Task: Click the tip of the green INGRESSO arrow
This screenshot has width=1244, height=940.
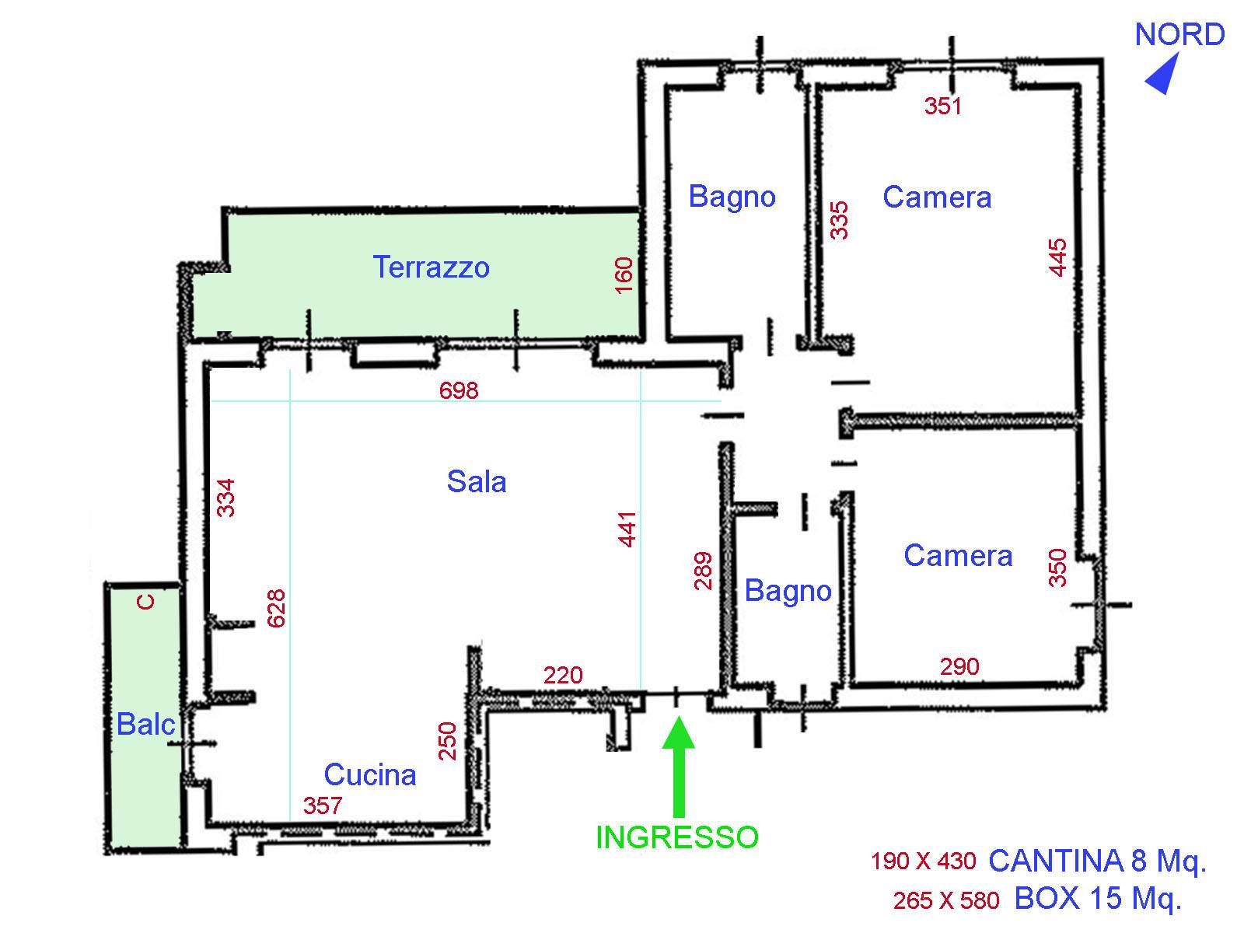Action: coord(678,717)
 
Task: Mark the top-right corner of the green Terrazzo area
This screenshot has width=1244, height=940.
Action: coord(640,214)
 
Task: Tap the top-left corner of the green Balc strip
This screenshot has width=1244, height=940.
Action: coord(110,589)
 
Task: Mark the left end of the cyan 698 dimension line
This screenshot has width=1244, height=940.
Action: coord(211,401)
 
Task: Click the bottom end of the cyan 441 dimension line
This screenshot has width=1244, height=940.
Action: coord(641,690)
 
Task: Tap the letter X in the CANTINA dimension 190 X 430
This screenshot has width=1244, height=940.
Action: coord(924,861)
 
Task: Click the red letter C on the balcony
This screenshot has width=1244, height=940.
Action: coord(145,601)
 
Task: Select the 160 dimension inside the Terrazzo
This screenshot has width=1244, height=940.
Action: coord(624,275)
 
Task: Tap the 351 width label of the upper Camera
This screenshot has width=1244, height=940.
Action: coord(942,106)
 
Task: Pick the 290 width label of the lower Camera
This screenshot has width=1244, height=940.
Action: coord(959,666)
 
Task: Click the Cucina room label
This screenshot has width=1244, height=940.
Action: coord(370,774)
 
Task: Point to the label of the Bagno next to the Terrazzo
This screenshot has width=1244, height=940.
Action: coord(732,197)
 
